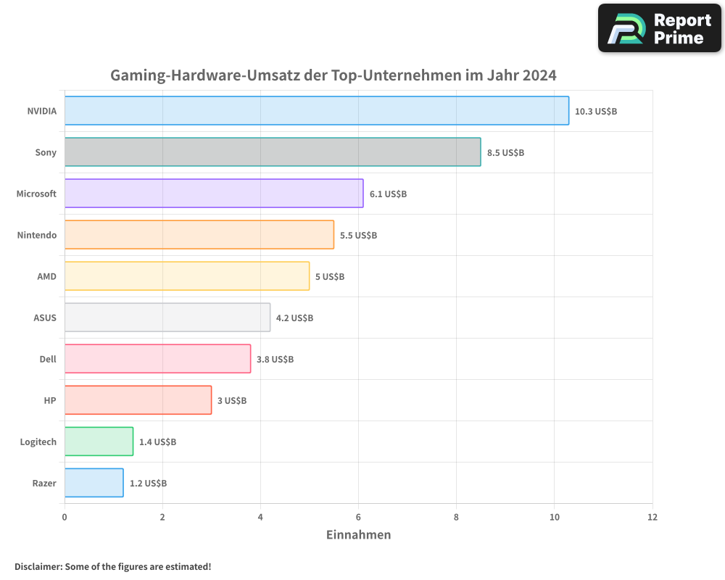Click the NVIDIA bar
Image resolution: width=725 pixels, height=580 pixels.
coord(316,111)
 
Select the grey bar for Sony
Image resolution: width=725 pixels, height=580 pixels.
coord(272,152)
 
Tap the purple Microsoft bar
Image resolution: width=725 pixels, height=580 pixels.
coord(214,194)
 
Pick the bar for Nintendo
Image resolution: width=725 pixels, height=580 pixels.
coord(199,235)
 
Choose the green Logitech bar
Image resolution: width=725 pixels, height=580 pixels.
coord(99,442)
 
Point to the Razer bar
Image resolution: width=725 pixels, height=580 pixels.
coord(94,483)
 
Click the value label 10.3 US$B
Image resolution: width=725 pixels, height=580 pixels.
coord(595,112)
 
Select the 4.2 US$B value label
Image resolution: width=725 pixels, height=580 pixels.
coord(294,318)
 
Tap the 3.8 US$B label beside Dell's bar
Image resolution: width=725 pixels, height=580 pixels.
coord(275,360)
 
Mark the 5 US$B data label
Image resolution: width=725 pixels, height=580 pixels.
coord(329,277)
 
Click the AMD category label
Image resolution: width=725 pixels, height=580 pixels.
coord(46,277)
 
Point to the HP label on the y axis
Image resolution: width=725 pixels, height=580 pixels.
coord(50,401)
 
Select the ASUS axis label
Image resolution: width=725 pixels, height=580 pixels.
coord(45,318)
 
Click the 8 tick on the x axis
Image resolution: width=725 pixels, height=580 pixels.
coord(456,518)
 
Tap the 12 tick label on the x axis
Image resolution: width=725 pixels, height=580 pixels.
coord(652,518)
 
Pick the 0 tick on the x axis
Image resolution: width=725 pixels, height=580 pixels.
coord(65,518)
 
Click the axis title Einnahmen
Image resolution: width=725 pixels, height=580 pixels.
coord(358,535)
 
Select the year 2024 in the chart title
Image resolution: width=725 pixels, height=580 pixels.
coord(538,75)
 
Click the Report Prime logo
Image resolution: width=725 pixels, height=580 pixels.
coord(659,28)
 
